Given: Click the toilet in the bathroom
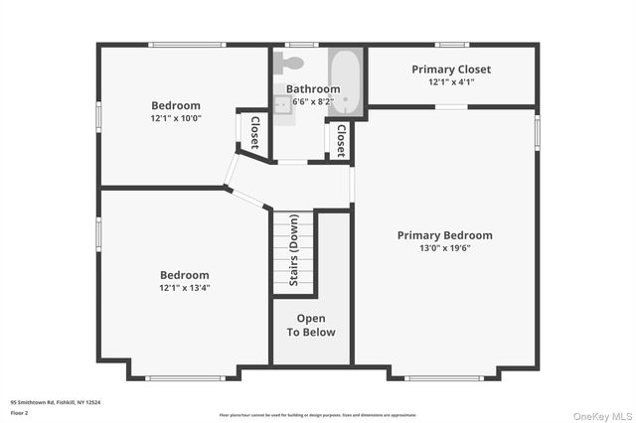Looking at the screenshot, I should point(291,63).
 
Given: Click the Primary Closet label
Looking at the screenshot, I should point(451,70).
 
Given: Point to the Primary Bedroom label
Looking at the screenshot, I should point(444,235).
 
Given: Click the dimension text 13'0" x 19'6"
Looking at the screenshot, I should point(444,248).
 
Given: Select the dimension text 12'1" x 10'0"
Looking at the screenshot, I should point(176,119).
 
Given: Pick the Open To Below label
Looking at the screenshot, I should point(311,326).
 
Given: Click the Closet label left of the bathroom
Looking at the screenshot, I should point(254,132).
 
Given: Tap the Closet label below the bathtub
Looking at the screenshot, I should point(340,140).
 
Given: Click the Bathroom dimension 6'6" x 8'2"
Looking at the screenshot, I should point(313,101).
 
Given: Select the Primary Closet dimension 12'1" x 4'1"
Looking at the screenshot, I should point(451,82).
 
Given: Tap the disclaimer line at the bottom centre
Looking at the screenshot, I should point(318,414).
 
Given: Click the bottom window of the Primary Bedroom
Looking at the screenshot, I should point(444,377).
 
